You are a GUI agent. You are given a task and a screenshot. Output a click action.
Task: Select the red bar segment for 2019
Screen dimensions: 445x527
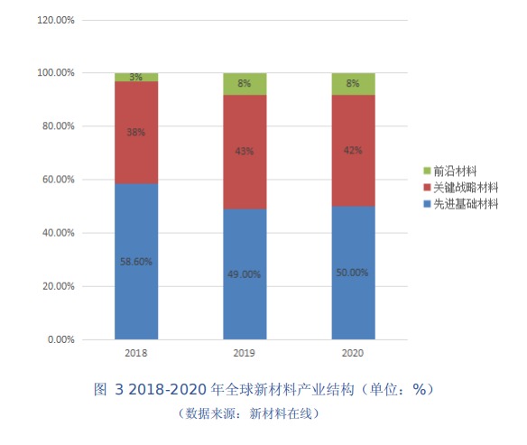245,172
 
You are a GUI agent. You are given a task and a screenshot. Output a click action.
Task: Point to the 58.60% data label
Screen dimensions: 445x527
136,262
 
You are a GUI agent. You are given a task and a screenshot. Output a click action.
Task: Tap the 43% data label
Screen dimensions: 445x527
245,152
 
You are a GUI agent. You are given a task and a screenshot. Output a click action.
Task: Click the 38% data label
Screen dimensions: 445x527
136,132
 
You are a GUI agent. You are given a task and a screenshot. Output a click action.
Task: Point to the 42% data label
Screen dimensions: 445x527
353,151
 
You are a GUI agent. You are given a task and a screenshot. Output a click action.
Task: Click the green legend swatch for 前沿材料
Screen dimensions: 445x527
427,171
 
